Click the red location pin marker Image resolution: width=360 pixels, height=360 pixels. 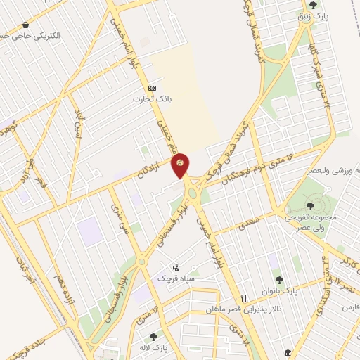click(180, 164)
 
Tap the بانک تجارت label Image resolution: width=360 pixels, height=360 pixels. click(148, 99)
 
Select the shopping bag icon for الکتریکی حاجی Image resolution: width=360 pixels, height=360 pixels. click(25, 25)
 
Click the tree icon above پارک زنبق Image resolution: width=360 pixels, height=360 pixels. click(313, 5)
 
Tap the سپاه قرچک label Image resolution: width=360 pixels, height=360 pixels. click(175, 278)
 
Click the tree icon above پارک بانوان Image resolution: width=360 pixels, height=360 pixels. click(278, 279)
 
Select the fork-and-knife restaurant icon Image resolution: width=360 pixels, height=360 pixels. click(244, 298)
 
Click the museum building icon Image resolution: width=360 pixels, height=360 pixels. click(288, 352)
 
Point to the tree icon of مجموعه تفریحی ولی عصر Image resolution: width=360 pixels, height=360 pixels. click(310, 206)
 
